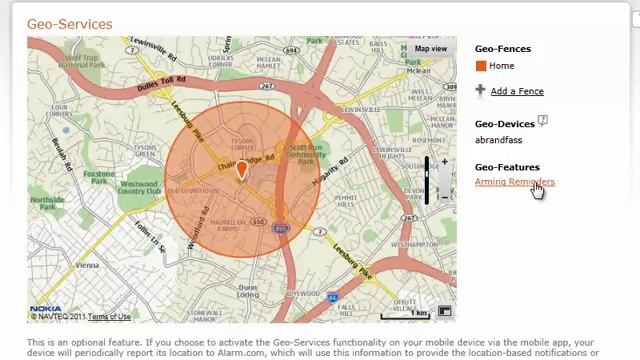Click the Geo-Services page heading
(69, 23)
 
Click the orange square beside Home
(481, 66)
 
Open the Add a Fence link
(517, 91)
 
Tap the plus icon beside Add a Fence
(480, 90)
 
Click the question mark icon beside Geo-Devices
(543, 120)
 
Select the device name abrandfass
(498, 140)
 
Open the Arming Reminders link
(514, 182)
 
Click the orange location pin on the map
(241, 171)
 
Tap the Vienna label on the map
(87, 265)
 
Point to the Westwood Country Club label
(138, 187)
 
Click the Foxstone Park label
(98, 177)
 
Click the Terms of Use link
(109, 317)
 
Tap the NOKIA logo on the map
(45, 310)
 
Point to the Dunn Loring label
(248, 291)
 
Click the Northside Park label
(47, 203)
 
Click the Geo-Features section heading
(506, 167)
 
